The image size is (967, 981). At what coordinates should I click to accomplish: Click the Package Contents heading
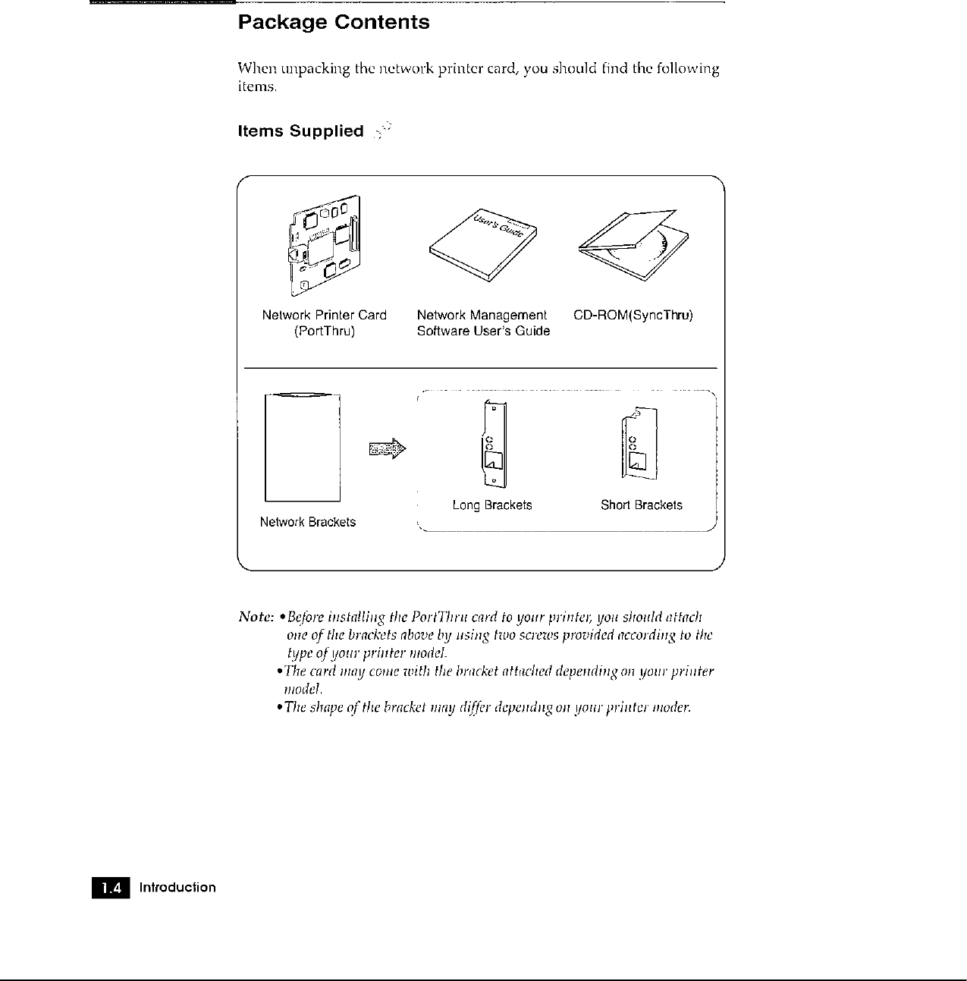click(x=334, y=23)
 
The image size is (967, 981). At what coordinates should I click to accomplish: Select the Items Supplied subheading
click(x=301, y=131)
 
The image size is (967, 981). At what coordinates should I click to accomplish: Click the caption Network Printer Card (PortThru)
click(x=324, y=323)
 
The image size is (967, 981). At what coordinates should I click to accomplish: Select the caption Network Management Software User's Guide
click(x=483, y=323)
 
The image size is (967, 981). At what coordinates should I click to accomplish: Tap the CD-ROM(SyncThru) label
click(x=633, y=316)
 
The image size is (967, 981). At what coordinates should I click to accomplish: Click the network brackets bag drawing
click(x=303, y=448)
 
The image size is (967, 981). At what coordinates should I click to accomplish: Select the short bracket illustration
click(x=639, y=444)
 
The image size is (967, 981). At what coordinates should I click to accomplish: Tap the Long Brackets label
click(x=492, y=505)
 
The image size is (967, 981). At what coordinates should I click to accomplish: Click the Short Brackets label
click(x=641, y=505)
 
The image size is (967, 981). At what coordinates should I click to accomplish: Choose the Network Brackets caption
click(x=307, y=522)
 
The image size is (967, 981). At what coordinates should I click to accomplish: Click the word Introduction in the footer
click(x=177, y=888)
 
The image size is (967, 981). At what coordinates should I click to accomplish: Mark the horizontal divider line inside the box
click(x=480, y=368)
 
